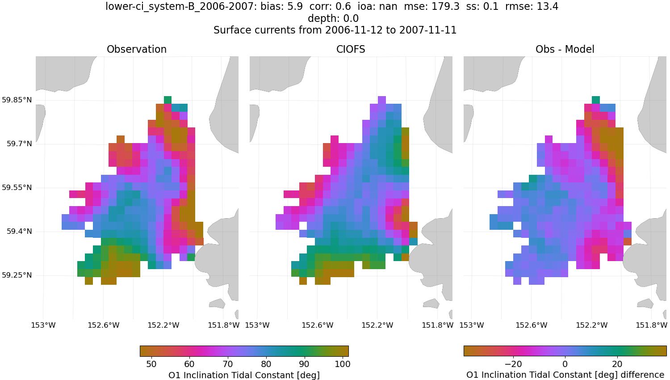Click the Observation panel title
(x=137, y=50)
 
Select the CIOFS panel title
(x=351, y=50)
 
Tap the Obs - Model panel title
(x=565, y=50)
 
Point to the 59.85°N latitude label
(x=17, y=100)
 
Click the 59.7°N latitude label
(x=19, y=144)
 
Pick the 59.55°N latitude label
(x=17, y=187)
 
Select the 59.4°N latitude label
(x=19, y=231)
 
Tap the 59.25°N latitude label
(x=17, y=275)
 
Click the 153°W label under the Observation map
(x=43, y=325)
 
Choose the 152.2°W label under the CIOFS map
(x=377, y=325)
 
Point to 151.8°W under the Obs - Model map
(x=652, y=325)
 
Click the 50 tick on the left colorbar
(x=151, y=364)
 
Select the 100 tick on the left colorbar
(x=343, y=364)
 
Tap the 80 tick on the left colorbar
(x=266, y=364)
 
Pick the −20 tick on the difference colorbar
(x=513, y=364)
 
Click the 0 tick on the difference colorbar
(x=565, y=364)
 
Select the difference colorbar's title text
(x=565, y=375)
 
